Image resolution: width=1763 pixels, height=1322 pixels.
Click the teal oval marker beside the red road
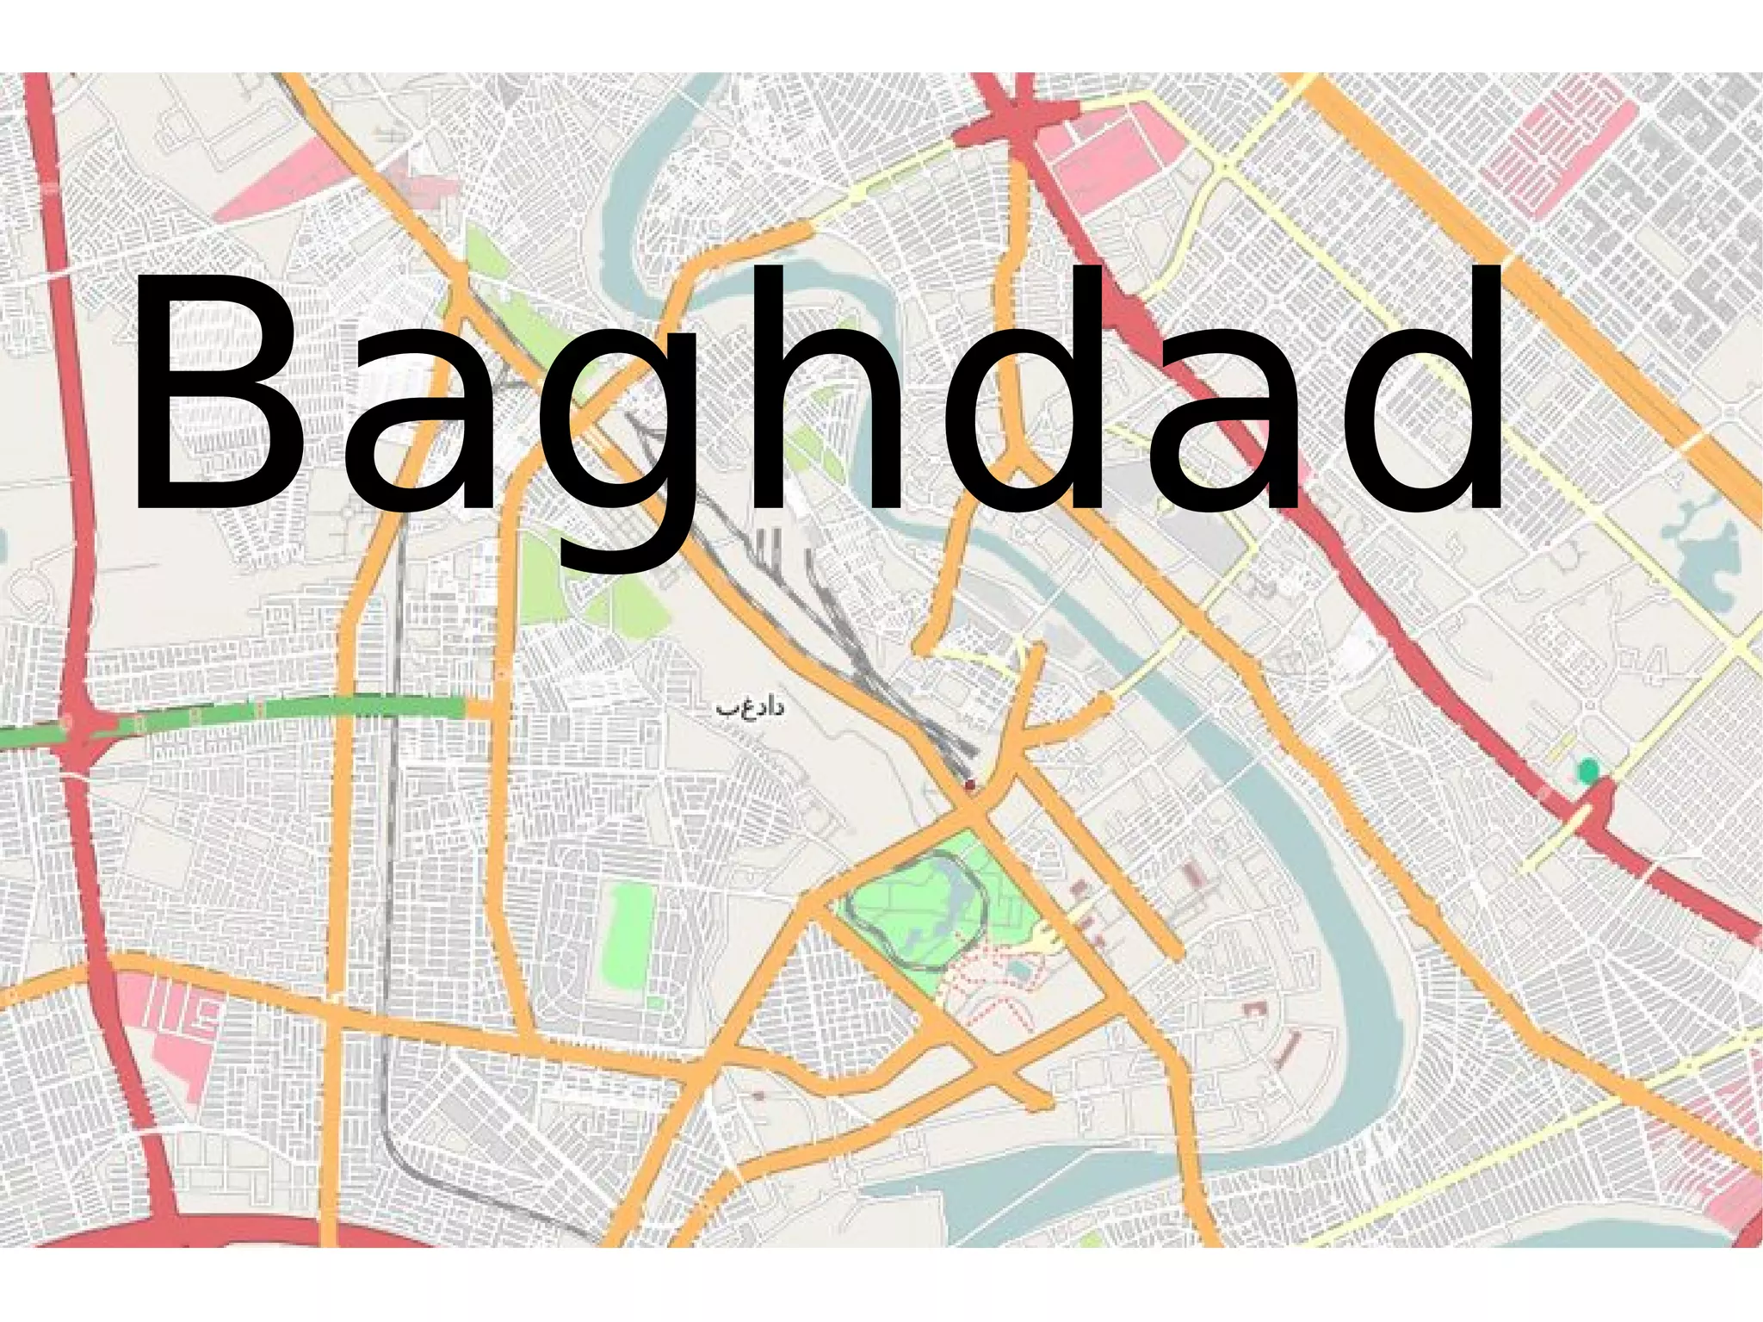coord(1586,770)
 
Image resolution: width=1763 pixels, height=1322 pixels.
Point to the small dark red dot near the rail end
coord(971,785)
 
